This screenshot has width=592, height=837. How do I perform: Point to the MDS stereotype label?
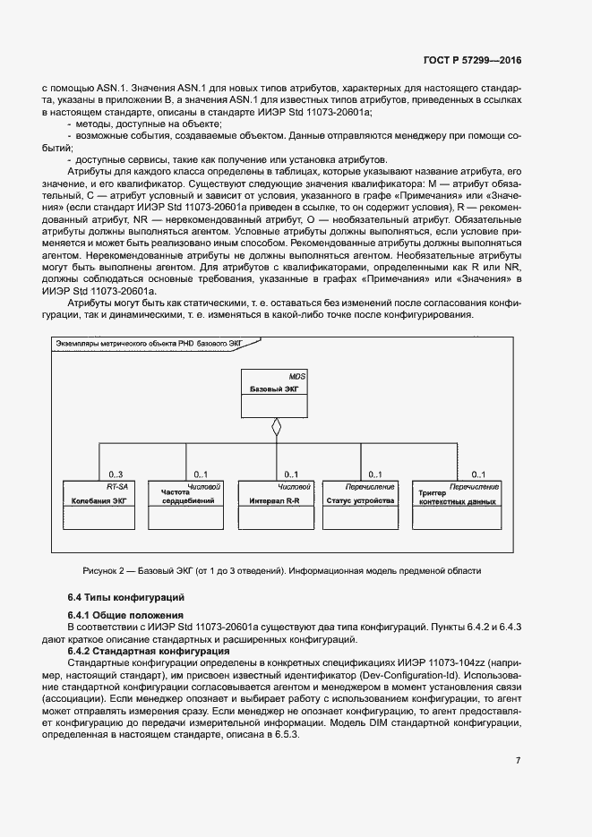pyautogui.click(x=297, y=378)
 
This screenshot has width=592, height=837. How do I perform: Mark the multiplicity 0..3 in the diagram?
pyautogui.click(x=116, y=474)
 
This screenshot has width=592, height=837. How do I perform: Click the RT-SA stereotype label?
pyautogui.click(x=117, y=486)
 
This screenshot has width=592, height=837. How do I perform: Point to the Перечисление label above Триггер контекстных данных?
pyautogui.click(x=475, y=486)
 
